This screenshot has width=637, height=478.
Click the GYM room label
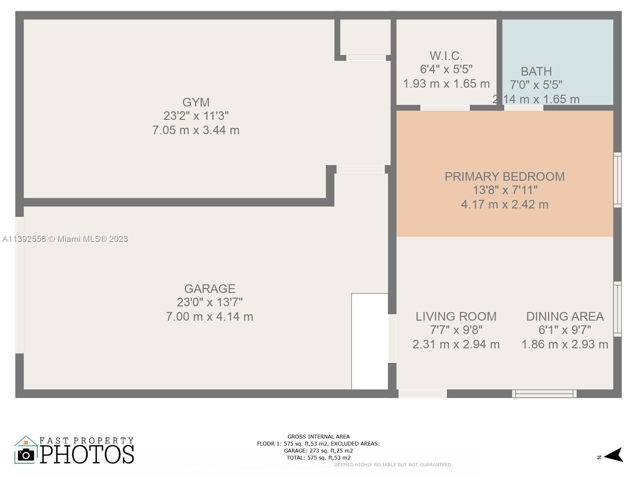tap(196, 102)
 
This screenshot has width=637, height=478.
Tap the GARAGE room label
tap(210, 288)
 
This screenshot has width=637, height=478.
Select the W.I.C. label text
tap(446, 56)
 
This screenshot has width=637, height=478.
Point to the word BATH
tap(536, 71)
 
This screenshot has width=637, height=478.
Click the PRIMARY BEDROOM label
tap(505, 176)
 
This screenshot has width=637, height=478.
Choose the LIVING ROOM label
tap(456, 316)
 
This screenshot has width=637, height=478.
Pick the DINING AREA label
tap(565, 316)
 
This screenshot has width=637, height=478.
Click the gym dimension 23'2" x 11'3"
tap(196, 116)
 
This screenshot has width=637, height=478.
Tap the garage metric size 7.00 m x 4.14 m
tap(209, 316)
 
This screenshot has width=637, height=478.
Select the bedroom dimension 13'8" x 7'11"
tap(505, 190)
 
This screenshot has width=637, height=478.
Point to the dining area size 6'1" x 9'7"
tap(565, 330)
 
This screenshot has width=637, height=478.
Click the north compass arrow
tap(614, 455)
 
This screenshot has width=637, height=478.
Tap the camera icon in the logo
tap(26, 455)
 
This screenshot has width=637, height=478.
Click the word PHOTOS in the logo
tap(87, 454)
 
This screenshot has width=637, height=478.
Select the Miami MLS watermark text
tap(65, 239)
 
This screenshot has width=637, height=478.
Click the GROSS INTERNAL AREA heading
tap(318, 437)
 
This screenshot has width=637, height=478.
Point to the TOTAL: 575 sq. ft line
tap(318, 458)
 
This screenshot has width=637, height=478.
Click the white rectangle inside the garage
tap(369, 341)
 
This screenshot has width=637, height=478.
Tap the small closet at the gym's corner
tap(365, 37)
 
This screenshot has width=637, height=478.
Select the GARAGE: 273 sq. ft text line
tap(318, 451)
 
